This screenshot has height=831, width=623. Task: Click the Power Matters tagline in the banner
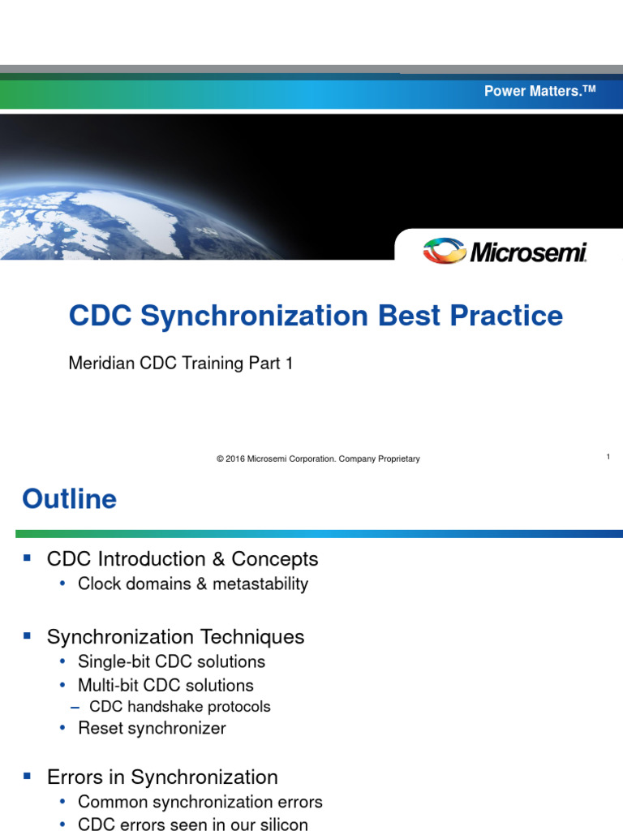[539, 91]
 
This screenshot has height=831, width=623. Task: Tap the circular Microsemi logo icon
[445, 250]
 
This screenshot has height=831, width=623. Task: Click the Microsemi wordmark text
[528, 253]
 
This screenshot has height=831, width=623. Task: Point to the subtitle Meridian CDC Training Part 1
[181, 364]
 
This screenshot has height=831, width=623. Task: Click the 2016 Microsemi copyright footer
[318, 459]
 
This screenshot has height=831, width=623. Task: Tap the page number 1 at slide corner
[608, 457]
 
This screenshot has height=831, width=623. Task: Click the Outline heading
[70, 499]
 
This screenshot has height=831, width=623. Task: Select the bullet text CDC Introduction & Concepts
[183, 559]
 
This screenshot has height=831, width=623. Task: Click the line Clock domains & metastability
[193, 584]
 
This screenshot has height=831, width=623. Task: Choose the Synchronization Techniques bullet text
[176, 637]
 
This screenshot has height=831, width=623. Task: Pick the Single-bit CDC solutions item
[171, 662]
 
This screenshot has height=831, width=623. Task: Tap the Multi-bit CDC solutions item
[165, 686]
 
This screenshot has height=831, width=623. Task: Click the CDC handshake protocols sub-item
[179, 707]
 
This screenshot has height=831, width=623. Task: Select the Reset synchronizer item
[152, 729]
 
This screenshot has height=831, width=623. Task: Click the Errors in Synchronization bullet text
[162, 777]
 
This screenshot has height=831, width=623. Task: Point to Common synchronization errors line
[200, 803]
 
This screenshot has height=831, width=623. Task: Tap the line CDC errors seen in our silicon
[193, 825]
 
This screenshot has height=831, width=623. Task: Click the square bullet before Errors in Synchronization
[28, 777]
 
